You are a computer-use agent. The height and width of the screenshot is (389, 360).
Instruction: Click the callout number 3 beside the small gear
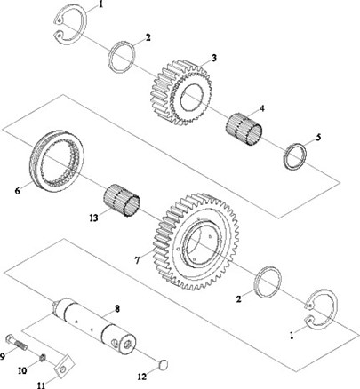pos(213,58)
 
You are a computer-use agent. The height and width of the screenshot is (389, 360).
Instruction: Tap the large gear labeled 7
pos(196,242)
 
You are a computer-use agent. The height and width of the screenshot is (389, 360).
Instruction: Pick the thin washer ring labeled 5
pos(295,156)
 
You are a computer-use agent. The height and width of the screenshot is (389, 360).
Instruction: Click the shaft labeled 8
pos(93,326)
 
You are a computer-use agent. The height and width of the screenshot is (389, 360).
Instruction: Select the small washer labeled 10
pos(43,358)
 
